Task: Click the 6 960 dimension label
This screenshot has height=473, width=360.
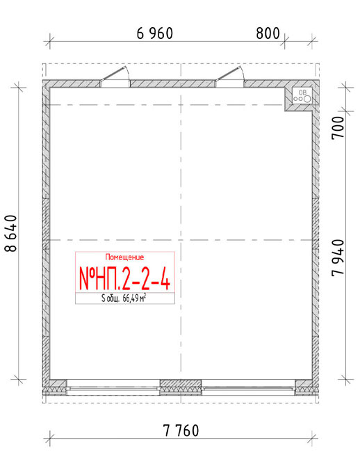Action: click(155, 33)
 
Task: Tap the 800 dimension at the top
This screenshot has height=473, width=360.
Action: click(268, 33)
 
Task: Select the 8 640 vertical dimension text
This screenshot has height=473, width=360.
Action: click(10, 233)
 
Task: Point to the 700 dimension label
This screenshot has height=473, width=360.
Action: click(338, 127)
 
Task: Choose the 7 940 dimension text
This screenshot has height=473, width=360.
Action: click(338, 257)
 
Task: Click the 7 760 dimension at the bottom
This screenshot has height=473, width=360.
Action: click(181, 431)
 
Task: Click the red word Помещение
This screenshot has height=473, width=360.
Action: click(124, 257)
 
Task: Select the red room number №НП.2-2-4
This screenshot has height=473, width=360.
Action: click(124, 278)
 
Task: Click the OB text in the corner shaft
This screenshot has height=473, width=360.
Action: click(302, 92)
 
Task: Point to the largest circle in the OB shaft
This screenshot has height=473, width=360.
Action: click(307, 99)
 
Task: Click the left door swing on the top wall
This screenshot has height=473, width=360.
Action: click(115, 74)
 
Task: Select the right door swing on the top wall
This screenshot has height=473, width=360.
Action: click(230, 74)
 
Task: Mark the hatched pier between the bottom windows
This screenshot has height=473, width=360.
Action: click(181, 387)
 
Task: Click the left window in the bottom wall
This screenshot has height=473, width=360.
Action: click(113, 387)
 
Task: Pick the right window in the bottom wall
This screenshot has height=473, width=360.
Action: click(248, 387)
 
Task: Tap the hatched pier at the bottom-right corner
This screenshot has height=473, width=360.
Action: click(304, 387)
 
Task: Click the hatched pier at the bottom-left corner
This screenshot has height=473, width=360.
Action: click(58, 387)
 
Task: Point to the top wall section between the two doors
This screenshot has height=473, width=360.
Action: click(173, 83)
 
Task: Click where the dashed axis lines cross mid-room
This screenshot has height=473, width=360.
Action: click(181, 240)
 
